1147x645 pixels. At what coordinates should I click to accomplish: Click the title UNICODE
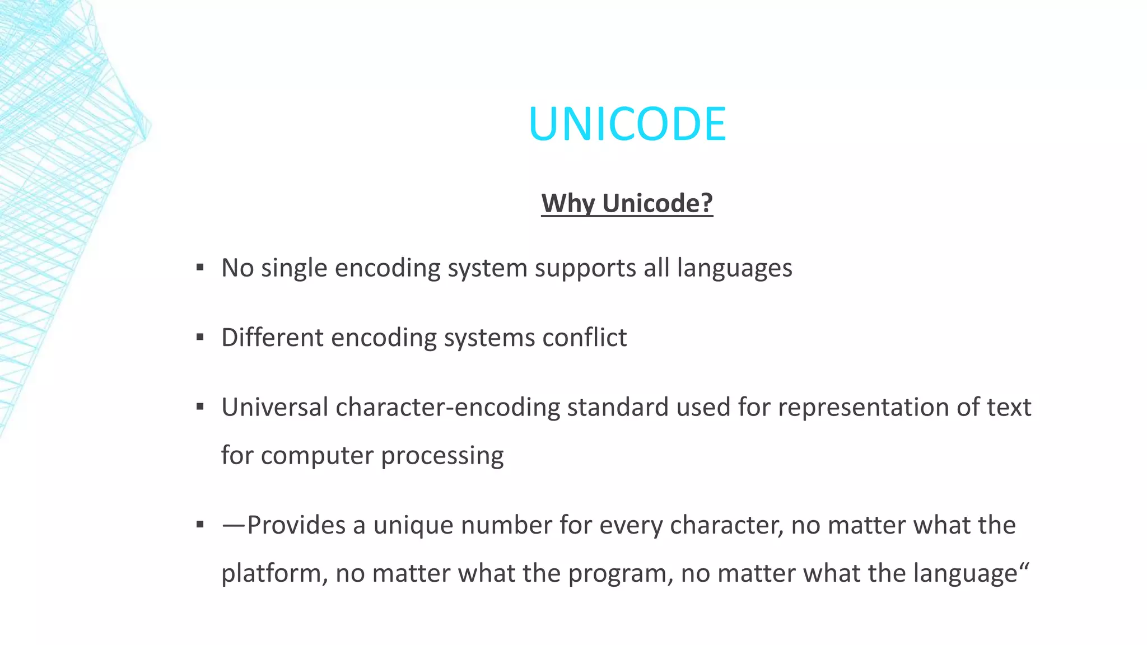pos(627,124)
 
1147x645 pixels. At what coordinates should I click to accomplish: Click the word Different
pos(272,338)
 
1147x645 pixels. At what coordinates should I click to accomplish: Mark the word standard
pos(618,407)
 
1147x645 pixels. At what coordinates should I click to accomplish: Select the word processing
pos(442,456)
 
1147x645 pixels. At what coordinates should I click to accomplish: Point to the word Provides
pos(296,525)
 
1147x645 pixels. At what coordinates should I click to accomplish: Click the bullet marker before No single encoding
pos(200,268)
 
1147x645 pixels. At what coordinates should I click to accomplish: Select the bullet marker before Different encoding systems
pos(200,338)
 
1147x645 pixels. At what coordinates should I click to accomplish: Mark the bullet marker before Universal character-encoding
pos(200,407)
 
